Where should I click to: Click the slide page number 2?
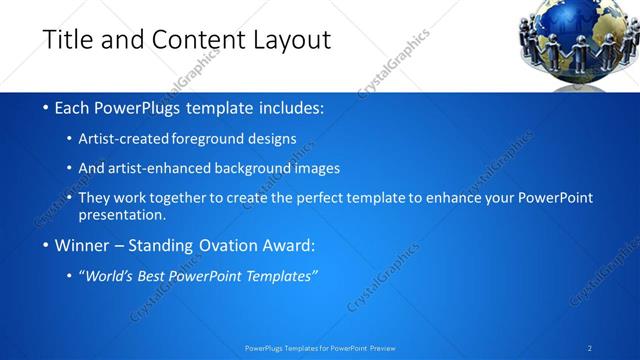point(590,348)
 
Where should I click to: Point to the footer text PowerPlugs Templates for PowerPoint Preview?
point(319,348)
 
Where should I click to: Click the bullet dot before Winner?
point(47,245)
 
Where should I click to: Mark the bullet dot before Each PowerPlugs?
point(47,107)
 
